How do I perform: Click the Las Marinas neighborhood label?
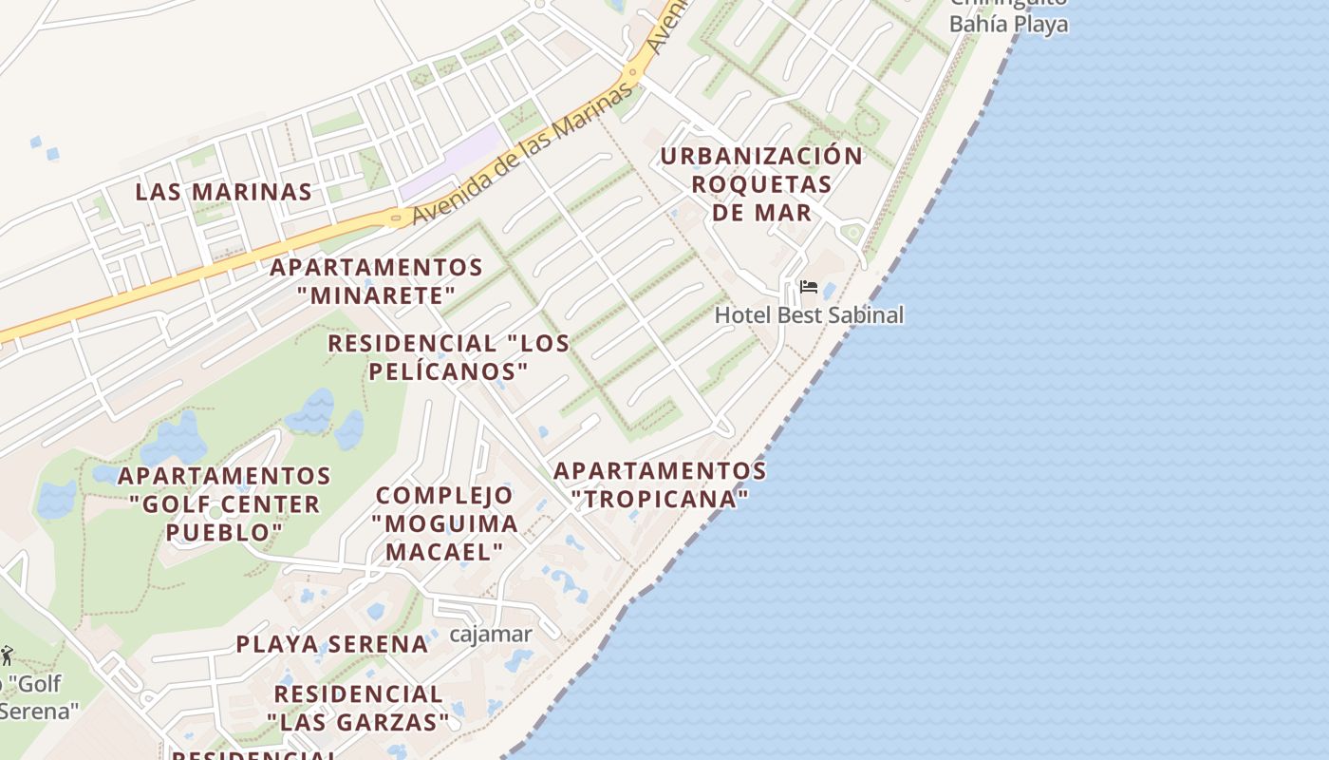(223, 192)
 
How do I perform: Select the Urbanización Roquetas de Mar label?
(761, 183)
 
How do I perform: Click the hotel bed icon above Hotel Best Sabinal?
(808, 287)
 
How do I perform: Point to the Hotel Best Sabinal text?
(809, 314)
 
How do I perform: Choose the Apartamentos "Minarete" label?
(376, 281)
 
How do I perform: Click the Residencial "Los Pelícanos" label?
(448, 356)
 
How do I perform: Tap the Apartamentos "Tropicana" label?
(660, 484)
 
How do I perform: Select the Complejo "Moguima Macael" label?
(444, 523)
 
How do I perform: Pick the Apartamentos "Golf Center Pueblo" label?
(225, 503)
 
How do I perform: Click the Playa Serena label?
(332, 644)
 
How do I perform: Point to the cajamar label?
(490, 634)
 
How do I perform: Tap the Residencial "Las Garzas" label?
(358, 709)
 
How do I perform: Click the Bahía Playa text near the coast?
(1008, 24)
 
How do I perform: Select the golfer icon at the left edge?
(7, 655)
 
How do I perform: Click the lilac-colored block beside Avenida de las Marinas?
(452, 162)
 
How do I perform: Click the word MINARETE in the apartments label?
(376, 295)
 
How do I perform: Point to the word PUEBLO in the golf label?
(225, 532)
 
